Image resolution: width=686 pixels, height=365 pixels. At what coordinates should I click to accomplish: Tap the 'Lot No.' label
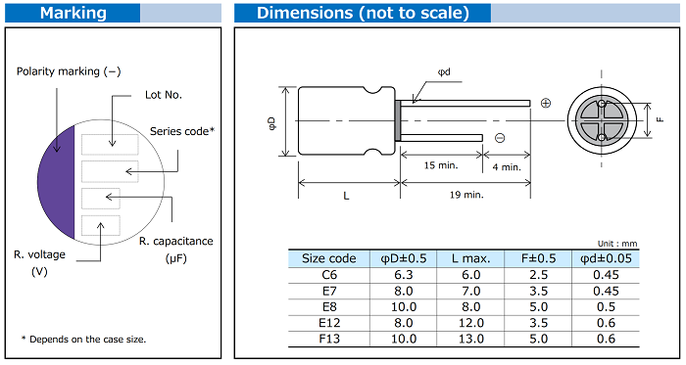point(164,95)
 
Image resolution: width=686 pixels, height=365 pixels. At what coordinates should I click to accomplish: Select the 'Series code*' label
point(182,131)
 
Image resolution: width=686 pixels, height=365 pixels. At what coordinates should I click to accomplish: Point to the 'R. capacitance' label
point(175,241)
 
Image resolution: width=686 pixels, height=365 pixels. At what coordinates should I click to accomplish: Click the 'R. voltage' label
point(39,254)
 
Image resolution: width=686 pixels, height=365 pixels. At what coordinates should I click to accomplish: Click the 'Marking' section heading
point(73,13)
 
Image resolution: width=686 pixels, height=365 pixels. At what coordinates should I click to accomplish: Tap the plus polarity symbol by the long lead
point(546,103)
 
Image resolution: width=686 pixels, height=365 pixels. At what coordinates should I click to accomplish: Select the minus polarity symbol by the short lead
point(500,138)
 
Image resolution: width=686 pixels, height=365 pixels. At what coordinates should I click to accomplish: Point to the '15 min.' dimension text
point(441,165)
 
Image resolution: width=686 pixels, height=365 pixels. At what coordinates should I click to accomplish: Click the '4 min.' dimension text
point(507,167)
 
